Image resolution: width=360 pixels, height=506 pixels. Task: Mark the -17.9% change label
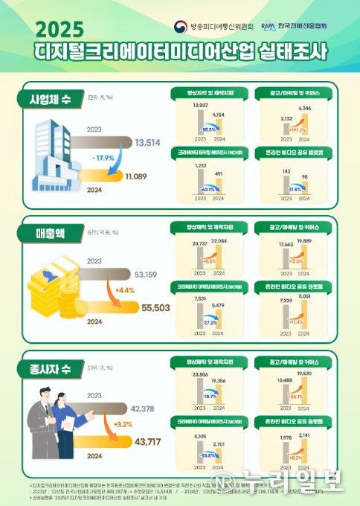104,158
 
